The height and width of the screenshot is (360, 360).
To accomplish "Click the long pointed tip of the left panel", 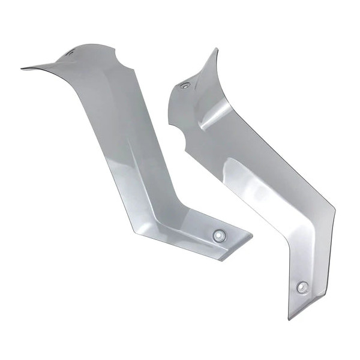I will pyautogui.click(x=23, y=68).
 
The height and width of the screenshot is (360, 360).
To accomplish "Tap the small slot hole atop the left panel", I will pyautogui.click(x=71, y=53).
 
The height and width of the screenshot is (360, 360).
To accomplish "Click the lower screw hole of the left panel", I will pyautogui.click(x=219, y=235).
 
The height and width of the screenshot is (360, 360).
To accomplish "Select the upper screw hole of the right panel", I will pyautogui.click(x=185, y=86).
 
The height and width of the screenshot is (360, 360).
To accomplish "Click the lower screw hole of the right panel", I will pyautogui.click(x=302, y=287).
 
